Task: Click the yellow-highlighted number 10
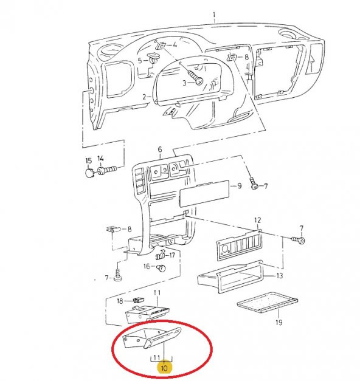pyautogui.click(x=164, y=368)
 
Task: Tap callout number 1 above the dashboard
pyautogui.click(x=214, y=15)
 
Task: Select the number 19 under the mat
pyautogui.click(x=279, y=323)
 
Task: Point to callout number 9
pyautogui.click(x=240, y=186)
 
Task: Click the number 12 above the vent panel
pyautogui.click(x=258, y=220)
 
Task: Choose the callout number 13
pyautogui.click(x=280, y=276)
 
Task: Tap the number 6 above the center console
pyautogui.click(x=160, y=149)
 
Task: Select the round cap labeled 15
pyautogui.click(x=89, y=173)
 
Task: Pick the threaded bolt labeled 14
pyautogui.click(x=107, y=170)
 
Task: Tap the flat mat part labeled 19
pyautogui.click(x=268, y=303)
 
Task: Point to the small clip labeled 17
pyautogui.click(x=161, y=254)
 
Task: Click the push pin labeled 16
pyautogui.click(x=162, y=268)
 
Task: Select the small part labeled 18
pyautogui.click(x=139, y=300)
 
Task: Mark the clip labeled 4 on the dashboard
pyautogui.click(x=161, y=46)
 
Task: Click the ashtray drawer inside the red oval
pyautogui.click(x=152, y=338)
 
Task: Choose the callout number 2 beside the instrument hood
pyautogui.click(x=145, y=97)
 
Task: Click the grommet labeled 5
pyautogui.click(x=153, y=58)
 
